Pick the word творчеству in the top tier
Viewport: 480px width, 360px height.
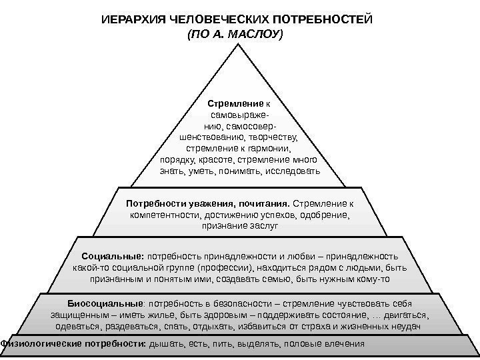[271, 137]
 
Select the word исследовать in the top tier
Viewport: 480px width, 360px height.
[293, 171]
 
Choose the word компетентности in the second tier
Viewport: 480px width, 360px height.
[163, 215]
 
